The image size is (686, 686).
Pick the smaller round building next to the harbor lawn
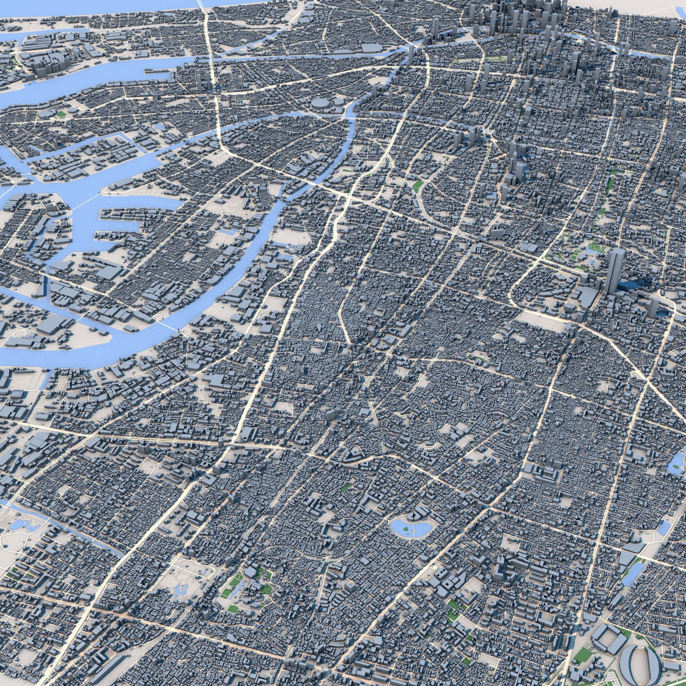(x=73, y=110)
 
